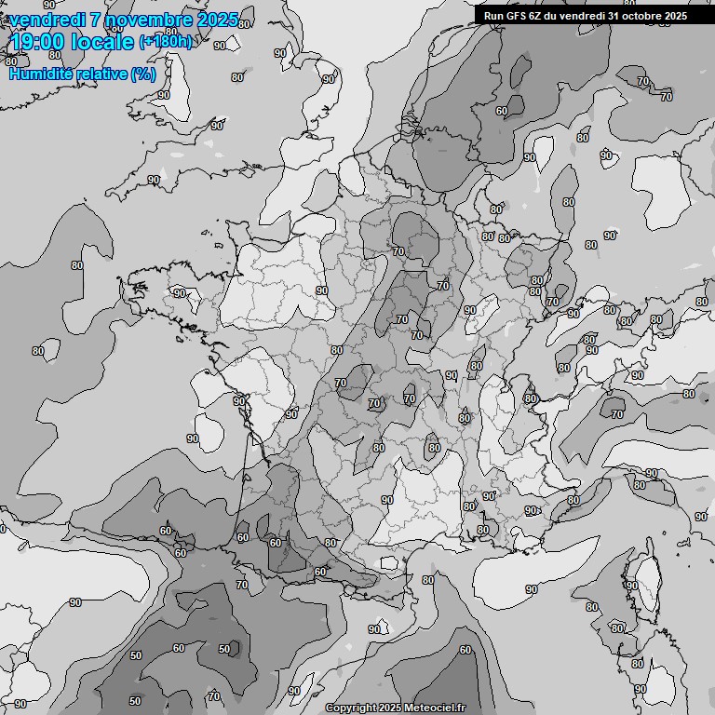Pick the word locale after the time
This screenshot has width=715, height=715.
(104, 42)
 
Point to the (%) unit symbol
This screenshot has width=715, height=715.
(143, 74)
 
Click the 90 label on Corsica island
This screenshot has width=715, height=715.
(631, 586)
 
